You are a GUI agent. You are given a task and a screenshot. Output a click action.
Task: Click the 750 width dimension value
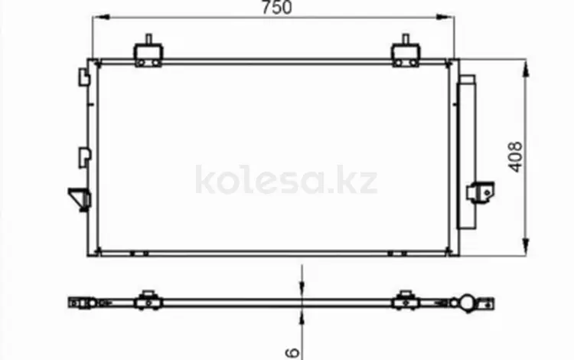click(x=277, y=8)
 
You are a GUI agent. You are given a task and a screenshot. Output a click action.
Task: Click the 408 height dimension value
click(x=516, y=157)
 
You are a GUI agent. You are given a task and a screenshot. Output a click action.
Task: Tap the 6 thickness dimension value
click(x=292, y=352)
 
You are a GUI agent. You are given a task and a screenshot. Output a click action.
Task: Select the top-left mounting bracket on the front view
click(x=148, y=51)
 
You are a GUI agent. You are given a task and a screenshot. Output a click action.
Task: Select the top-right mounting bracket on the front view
click(x=406, y=51)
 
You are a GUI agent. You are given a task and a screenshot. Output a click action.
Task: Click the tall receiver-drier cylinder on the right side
click(x=467, y=152)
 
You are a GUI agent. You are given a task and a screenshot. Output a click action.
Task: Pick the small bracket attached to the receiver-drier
click(x=481, y=192)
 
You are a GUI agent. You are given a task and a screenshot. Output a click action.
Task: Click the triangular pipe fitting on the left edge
click(x=79, y=199)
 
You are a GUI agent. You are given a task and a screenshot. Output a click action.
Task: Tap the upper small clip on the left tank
click(x=84, y=77)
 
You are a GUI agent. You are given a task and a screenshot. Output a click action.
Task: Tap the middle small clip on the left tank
click(x=84, y=157)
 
